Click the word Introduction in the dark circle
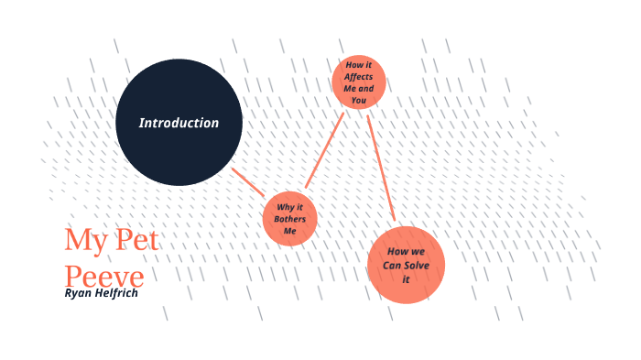click(x=179, y=123)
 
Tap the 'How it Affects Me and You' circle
click(x=359, y=82)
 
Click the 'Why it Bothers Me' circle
click(x=290, y=218)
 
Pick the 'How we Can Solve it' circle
click(x=406, y=265)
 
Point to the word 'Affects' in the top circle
click(x=359, y=77)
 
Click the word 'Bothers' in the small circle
click(x=290, y=219)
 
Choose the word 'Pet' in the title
click(x=136, y=241)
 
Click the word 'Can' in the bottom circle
click(x=393, y=265)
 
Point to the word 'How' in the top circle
click(x=353, y=65)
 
